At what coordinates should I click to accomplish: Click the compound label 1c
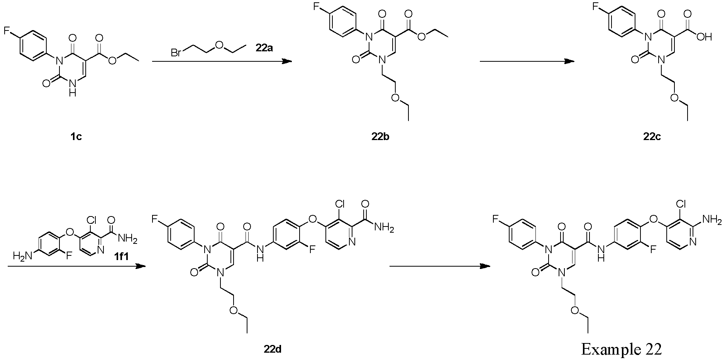(76, 137)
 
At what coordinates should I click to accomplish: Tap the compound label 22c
(652, 137)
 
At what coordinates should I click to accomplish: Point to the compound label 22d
(273, 350)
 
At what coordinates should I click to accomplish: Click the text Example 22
(622, 349)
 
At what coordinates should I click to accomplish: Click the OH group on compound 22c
(705, 37)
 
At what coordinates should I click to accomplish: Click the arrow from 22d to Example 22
(440, 266)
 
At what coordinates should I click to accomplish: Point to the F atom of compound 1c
(7, 31)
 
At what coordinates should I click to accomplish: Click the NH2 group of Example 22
(713, 220)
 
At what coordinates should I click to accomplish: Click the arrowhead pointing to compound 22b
(287, 61)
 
